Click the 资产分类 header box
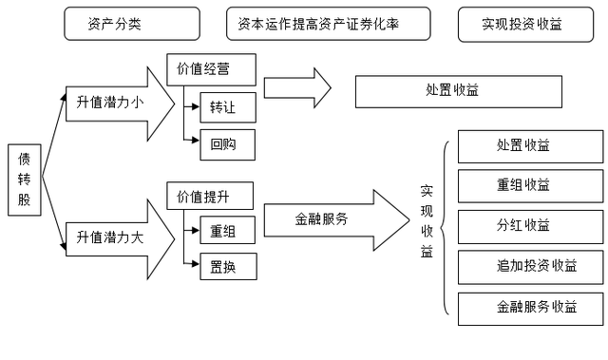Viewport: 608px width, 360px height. pyautogui.click(x=131, y=25)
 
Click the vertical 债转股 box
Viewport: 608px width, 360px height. pyautogui.click(x=25, y=181)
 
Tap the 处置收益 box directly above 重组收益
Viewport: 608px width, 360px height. pyautogui.click(x=529, y=146)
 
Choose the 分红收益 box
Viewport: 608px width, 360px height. pyautogui.click(x=529, y=226)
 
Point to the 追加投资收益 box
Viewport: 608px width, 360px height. pyautogui.click(x=529, y=266)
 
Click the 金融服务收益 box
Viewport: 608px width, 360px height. pyautogui.click(x=529, y=307)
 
